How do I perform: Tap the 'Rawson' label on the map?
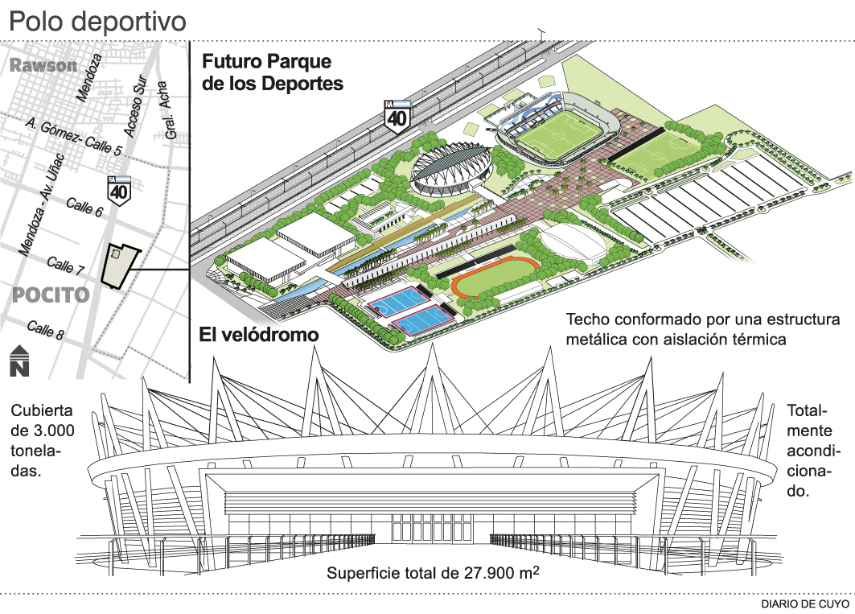(44, 66)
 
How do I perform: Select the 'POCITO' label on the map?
(50, 295)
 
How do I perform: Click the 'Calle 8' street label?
(46, 329)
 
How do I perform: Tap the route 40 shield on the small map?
(120, 189)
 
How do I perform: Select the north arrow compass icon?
(19, 361)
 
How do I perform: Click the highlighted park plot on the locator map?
(117, 263)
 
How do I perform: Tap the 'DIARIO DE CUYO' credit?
(805, 603)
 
